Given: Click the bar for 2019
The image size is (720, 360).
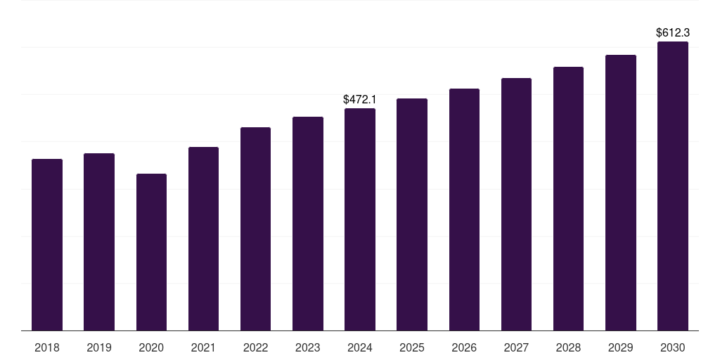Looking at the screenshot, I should (x=99, y=242).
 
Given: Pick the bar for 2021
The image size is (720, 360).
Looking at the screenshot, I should (x=203, y=238).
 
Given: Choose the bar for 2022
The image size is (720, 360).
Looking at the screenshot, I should (x=255, y=229).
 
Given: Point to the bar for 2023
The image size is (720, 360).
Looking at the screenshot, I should (x=308, y=224).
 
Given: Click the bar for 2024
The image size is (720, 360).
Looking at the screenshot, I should (x=360, y=219).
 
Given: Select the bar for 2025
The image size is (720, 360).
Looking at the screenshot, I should (x=412, y=214).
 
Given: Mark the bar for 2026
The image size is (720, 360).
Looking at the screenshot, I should (x=464, y=210).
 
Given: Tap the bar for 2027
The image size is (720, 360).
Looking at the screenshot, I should (x=516, y=204).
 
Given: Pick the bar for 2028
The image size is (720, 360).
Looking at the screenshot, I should (x=568, y=198).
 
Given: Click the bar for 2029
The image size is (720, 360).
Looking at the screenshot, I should (x=621, y=193).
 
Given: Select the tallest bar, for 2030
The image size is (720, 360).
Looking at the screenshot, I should (x=673, y=186).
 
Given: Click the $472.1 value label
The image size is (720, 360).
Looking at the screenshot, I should (x=360, y=100).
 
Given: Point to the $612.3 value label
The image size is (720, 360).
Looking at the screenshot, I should (x=673, y=32).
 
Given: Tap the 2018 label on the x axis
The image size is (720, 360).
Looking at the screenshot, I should (x=47, y=347).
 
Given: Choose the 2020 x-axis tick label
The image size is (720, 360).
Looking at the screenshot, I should (x=151, y=347).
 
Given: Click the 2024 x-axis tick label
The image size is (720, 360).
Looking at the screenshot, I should (x=360, y=347).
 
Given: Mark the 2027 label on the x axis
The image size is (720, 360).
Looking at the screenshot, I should (x=516, y=347).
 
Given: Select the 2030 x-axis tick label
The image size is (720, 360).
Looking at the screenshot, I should (x=673, y=347).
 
